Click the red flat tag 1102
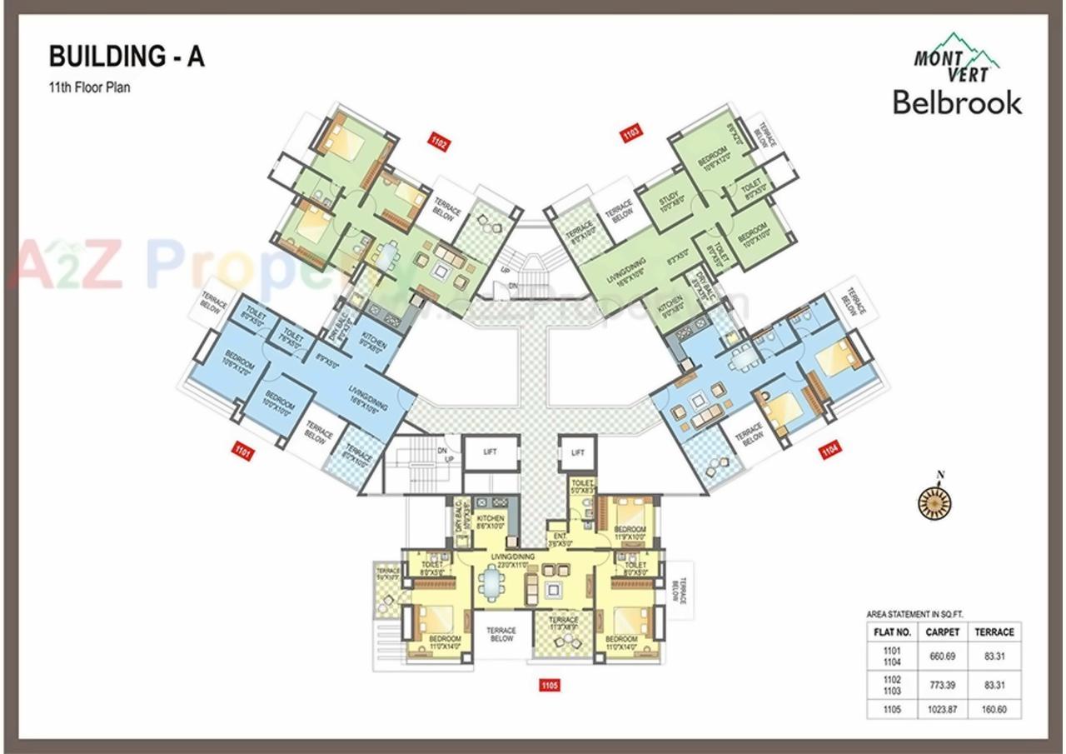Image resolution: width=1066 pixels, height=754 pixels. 439,142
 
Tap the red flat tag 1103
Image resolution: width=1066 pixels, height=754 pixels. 631,133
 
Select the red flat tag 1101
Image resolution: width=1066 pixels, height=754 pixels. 243,452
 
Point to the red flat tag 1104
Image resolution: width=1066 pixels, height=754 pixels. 830,452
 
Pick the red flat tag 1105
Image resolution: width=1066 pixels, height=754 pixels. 549,686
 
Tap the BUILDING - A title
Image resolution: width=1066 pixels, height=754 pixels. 127,57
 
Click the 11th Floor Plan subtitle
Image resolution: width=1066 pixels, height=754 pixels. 90,86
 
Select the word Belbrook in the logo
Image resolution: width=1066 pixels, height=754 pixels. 957,102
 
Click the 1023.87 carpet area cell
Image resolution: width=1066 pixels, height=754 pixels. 943,710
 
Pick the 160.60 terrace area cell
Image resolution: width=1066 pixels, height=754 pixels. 994,710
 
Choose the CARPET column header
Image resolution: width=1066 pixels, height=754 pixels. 943,632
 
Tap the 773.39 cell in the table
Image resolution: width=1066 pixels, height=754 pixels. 943,684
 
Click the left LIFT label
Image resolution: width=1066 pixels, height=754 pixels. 489,452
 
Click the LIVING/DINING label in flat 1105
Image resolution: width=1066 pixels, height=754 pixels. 513,559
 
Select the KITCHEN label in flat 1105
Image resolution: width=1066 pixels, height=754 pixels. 491,522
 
